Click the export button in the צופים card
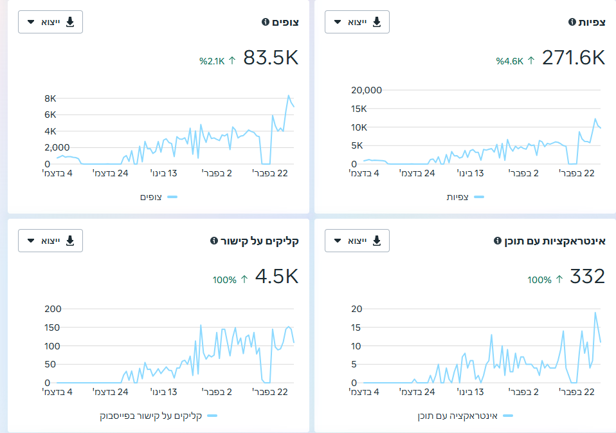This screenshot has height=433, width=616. [50, 22]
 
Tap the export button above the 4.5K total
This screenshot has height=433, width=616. [50, 241]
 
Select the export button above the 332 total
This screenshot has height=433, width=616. [357, 241]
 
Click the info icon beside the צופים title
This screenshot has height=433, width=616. [266, 22]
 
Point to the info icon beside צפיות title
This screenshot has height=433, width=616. [572, 22]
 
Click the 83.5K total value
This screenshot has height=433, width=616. [271, 58]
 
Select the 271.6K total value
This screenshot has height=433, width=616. [574, 58]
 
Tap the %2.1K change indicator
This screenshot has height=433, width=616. [217, 61]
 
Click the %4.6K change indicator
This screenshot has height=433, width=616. [516, 61]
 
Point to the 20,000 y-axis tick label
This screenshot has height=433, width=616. [367, 90]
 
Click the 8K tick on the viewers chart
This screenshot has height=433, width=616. [50, 98]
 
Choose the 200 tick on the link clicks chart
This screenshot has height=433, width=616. [53, 309]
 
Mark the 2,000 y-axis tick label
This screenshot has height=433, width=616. [57, 148]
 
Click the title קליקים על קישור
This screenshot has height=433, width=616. [260, 241]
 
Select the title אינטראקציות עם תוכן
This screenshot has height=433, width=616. [555, 241]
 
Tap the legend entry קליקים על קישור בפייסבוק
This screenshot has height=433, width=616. [151, 416]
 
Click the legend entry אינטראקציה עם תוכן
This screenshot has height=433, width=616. [458, 416]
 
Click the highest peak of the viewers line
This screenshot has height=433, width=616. [288, 95]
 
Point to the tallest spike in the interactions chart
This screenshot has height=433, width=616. [595, 313]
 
